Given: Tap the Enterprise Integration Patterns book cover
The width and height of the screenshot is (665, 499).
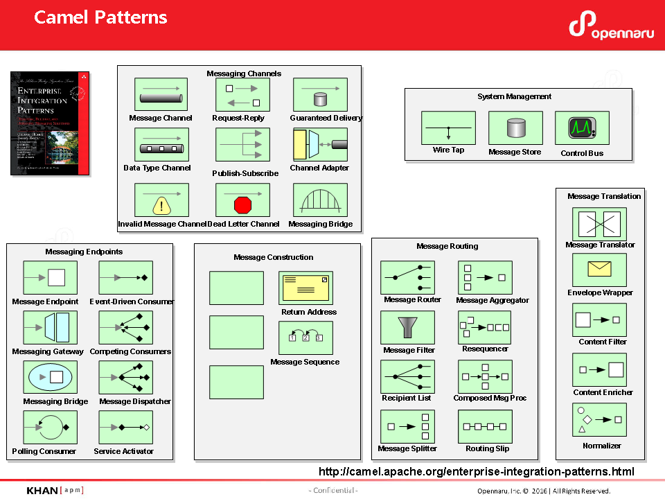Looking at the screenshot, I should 50,123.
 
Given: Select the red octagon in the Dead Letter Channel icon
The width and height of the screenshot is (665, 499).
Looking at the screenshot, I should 242,205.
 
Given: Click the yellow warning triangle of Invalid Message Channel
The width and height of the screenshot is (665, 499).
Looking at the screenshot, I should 161,206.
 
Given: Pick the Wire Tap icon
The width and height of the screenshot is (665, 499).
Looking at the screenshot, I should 448,128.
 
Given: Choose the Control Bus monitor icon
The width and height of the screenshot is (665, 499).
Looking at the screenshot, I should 582,128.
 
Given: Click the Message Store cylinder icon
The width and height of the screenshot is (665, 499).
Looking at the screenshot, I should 515,128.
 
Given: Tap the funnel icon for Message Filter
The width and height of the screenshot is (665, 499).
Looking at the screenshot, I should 407,327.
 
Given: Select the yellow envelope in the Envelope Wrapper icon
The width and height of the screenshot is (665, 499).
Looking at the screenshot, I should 599,270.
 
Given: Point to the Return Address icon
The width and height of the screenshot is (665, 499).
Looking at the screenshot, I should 305,288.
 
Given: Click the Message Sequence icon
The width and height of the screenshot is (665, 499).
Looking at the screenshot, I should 305,338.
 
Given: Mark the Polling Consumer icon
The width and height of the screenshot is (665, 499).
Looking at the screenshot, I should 50,427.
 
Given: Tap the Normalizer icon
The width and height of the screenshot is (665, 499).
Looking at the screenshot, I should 599,419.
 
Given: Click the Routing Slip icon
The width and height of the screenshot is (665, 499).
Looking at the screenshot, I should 485,426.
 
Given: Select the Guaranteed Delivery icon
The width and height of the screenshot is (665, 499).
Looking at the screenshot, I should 320,94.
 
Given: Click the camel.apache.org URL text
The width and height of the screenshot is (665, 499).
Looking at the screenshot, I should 476,472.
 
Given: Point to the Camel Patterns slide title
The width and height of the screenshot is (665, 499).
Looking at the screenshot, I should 100,17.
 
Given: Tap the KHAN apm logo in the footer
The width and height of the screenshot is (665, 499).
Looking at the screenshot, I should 55,491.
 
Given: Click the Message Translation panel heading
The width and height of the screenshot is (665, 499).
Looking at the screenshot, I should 604,196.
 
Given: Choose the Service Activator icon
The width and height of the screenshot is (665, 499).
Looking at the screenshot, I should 126,427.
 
